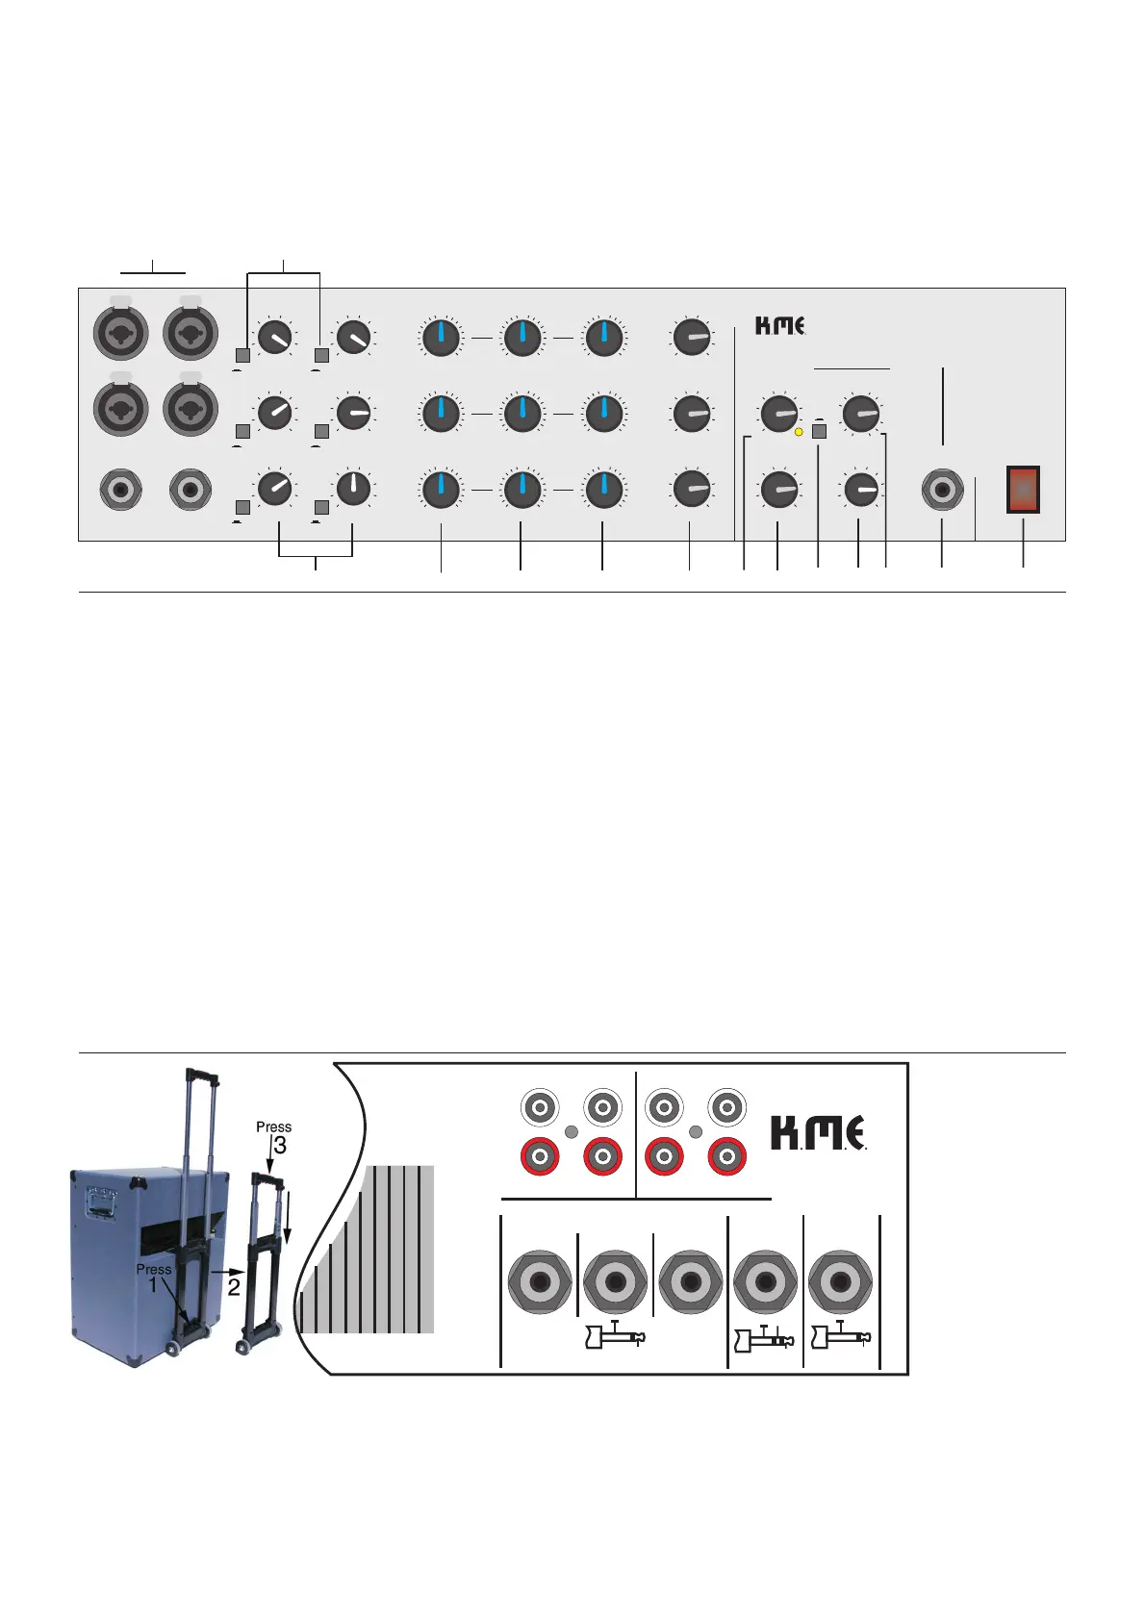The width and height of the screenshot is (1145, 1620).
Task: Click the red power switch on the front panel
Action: (1023, 490)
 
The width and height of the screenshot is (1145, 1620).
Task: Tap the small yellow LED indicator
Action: (799, 433)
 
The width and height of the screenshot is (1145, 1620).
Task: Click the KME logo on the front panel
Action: (779, 326)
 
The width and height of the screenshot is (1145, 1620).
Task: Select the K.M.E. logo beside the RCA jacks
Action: (819, 1133)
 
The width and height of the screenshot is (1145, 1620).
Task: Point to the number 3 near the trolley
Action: (280, 1146)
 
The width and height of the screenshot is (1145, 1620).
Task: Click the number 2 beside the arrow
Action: (234, 1287)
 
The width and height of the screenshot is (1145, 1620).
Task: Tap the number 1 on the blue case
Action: (152, 1287)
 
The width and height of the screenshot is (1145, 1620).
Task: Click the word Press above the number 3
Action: (273, 1126)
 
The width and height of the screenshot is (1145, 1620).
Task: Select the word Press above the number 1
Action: (154, 1269)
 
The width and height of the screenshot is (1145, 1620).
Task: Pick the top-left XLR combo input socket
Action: (120, 333)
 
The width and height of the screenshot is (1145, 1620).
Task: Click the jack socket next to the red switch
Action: (942, 491)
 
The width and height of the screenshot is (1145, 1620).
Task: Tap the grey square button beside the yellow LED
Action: (819, 432)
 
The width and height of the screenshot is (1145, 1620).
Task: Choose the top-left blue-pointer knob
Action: (440, 338)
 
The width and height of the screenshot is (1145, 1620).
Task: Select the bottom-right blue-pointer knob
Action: (603, 490)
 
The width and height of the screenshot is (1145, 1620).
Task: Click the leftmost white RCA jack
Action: (540, 1107)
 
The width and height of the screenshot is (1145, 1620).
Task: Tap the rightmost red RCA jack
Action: (727, 1155)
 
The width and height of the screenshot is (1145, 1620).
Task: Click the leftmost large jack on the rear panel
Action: (540, 1281)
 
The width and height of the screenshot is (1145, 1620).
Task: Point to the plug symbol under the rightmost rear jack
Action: (841, 1336)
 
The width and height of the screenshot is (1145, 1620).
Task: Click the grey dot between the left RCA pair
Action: (572, 1132)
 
